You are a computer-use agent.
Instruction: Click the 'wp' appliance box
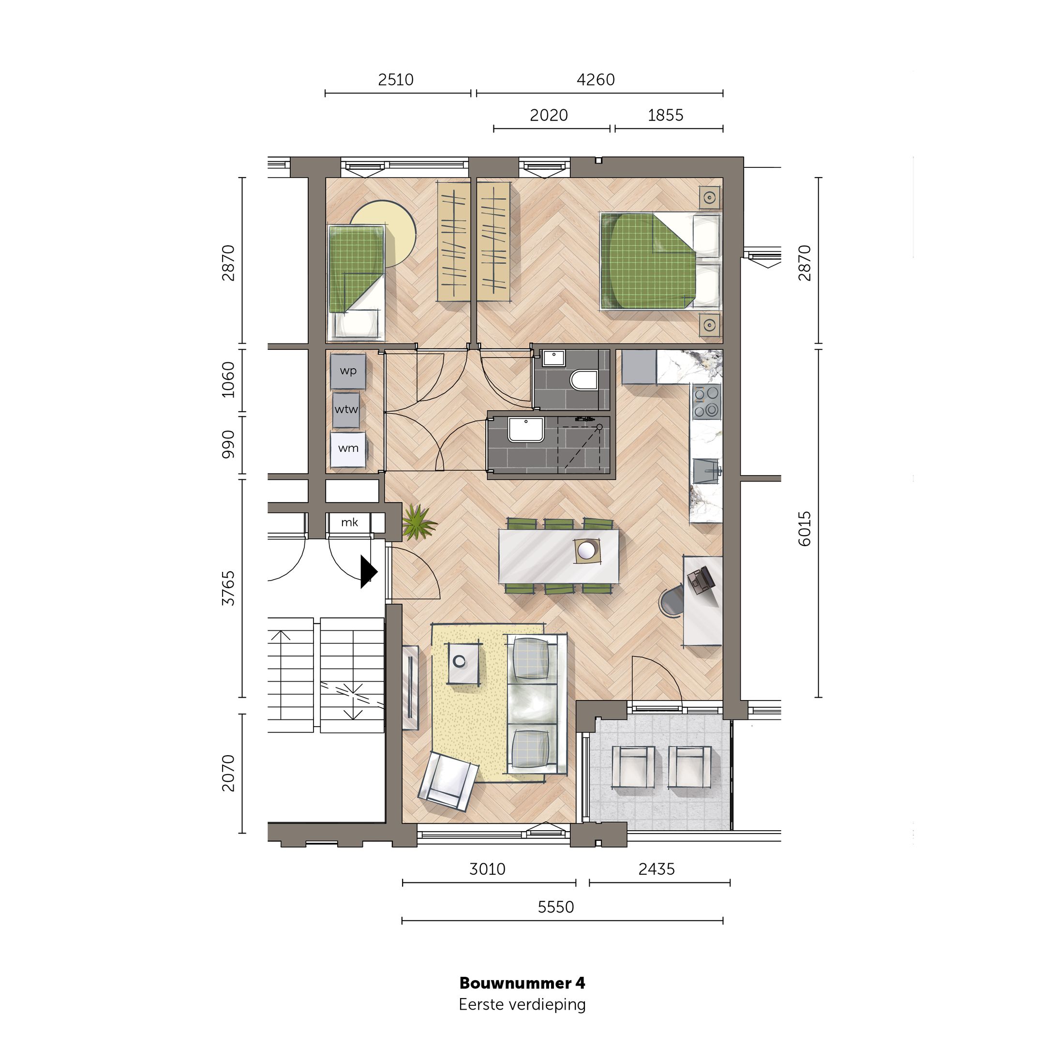click(348, 371)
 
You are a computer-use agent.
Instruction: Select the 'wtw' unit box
click(346, 410)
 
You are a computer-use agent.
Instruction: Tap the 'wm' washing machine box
click(348, 448)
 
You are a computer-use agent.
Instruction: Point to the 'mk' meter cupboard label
click(349, 522)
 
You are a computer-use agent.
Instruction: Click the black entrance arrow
click(368, 571)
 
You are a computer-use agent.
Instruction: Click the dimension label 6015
click(805, 528)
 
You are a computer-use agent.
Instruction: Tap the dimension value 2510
click(395, 80)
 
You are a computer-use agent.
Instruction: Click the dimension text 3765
click(229, 588)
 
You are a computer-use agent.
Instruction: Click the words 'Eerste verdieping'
click(522, 1004)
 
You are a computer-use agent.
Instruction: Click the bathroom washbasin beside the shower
click(525, 429)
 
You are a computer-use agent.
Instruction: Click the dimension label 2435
click(657, 869)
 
